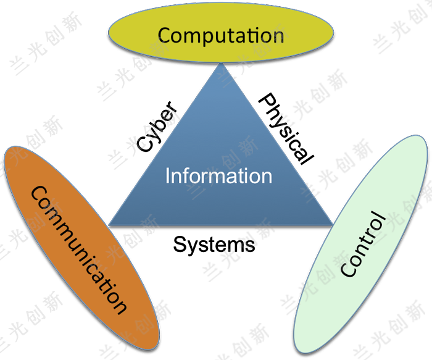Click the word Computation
tap(221, 35)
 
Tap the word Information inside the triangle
tap(218, 176)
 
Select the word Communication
tap(78, 249)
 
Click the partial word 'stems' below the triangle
tap(228, 244)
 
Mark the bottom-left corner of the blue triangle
tap(109, 224)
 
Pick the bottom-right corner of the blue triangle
tap(333, 224)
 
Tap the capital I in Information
tap(167, 176)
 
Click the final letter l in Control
tap(377, 216)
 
